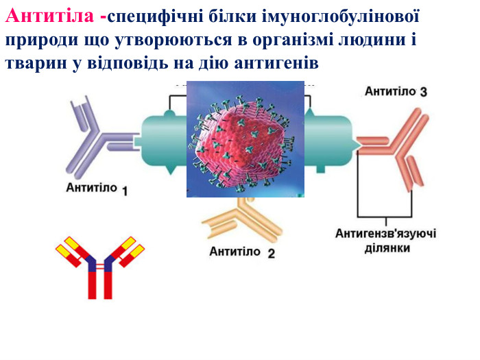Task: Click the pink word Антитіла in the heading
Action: tap(49, 16)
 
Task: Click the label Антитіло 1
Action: tap(97, 189)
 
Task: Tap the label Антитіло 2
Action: tap(242, 252)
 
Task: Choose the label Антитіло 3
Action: tap(396, 91)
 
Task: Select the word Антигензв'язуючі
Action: tap(385, 234)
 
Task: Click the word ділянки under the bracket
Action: tap(387, 248)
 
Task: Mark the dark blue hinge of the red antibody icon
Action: tap(100, 264)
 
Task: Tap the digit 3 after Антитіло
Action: tap(423, 92)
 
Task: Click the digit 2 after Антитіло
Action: tap(272, 254)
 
